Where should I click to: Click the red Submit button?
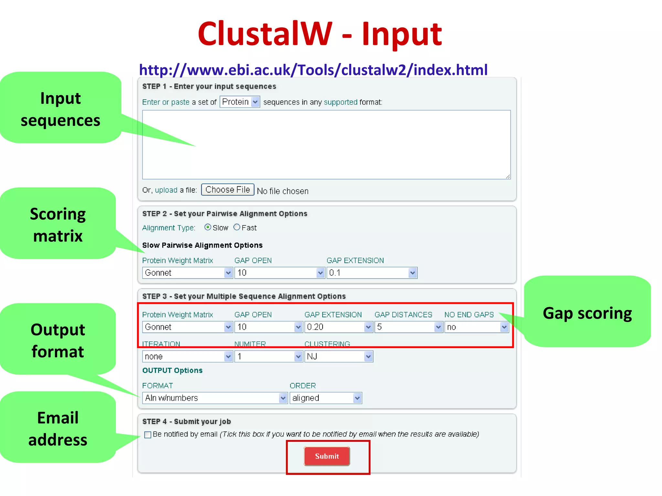point(327,456)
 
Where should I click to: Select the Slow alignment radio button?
point(208,227)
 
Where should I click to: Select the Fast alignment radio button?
point(237,227)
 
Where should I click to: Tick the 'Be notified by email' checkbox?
point(148,435)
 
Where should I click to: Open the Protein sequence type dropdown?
point(240,102)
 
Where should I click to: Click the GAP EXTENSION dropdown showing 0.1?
point(372,273)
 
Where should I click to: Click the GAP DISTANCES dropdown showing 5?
point(408,327)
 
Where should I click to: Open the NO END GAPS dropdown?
point(476,327)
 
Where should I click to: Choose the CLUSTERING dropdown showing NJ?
point(338,356)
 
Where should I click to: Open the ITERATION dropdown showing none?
point(187,356)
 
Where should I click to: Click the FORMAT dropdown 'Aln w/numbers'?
point(215,398)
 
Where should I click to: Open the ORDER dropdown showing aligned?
point(326,398)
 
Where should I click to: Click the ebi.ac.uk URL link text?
point(313,70)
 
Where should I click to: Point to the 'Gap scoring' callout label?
point(587,313)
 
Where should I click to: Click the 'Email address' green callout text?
point(58,429)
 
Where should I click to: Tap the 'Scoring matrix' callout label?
point(58,225)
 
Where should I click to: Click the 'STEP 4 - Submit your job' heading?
point(187,421)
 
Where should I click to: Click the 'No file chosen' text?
point(283,191)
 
